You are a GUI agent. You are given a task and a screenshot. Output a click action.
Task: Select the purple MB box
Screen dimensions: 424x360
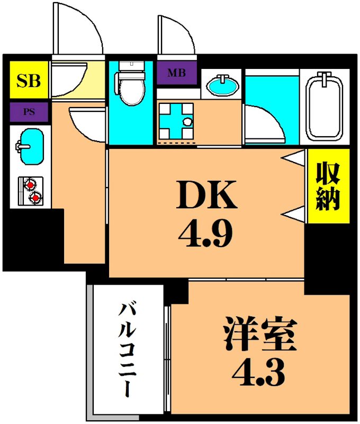(x=177, y=73)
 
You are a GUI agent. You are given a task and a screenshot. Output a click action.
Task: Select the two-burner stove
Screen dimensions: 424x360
(x=30, y=191)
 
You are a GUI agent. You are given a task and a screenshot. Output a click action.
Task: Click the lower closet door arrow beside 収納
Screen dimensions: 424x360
(x=293, y=214)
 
